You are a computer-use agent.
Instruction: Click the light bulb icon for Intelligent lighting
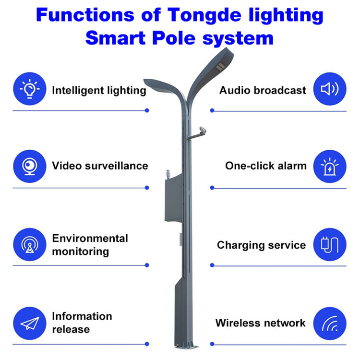click(29, 89)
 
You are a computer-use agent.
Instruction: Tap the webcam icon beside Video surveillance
click(29, 166)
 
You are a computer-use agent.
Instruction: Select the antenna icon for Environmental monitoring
click(29, 244)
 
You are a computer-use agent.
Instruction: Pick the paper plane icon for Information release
click(29, 323)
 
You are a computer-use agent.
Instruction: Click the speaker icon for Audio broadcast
click(329, 89)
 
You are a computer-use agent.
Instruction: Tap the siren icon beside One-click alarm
click(329, 166)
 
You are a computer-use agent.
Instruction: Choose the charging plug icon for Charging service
click(329, 244)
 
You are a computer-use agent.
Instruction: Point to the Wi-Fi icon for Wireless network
click(329, 323)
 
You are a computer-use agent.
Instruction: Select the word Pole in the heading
click(179, 37)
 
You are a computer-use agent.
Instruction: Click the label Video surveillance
click(100, 166)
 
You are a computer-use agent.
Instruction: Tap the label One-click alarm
click(265, 166)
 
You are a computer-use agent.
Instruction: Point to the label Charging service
click(261, 245)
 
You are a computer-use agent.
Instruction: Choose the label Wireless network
click(260, 323)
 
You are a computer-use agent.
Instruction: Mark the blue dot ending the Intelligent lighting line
click(146, 110)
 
